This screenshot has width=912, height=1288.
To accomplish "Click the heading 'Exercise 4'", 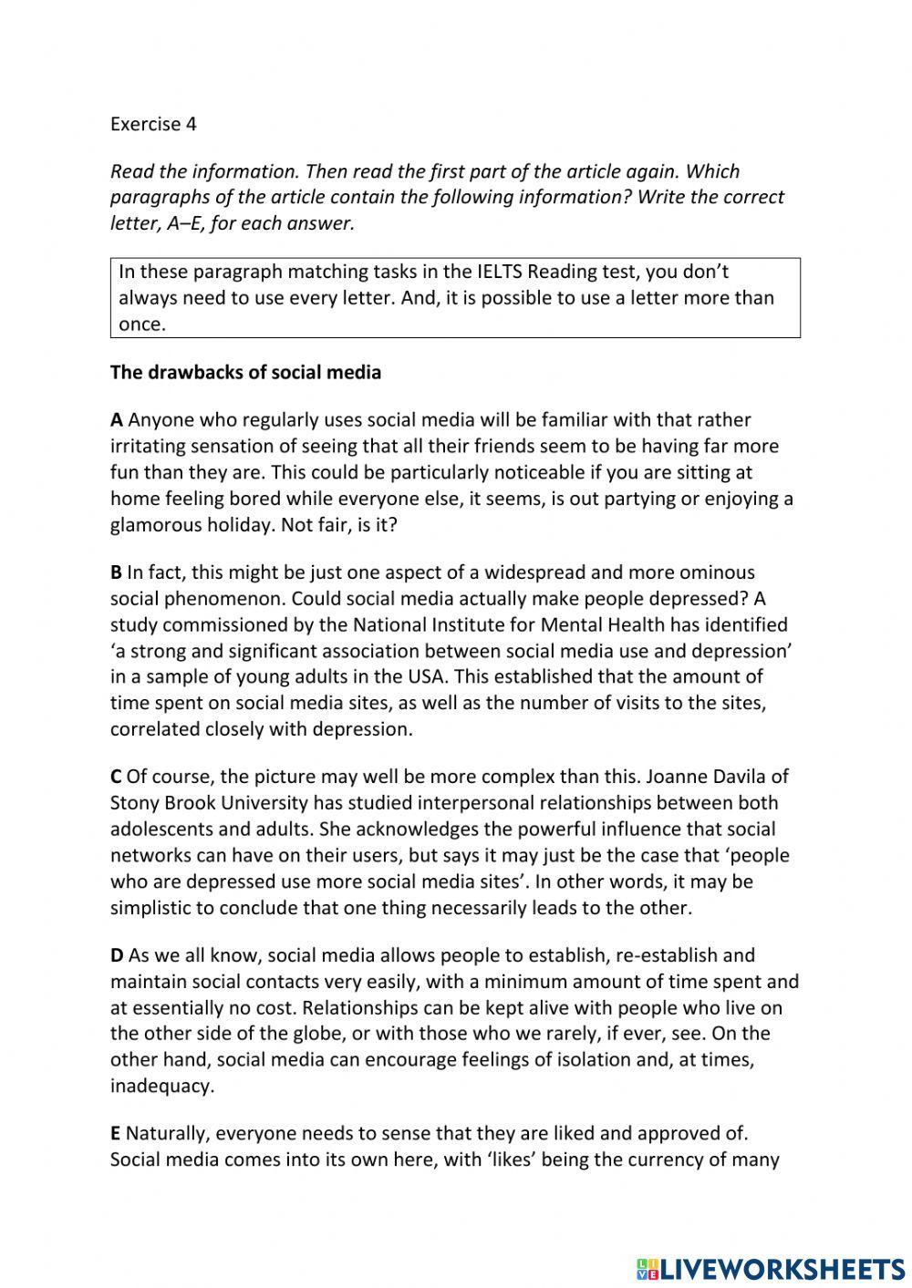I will [153, 124].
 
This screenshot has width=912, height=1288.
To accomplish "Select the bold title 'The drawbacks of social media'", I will [245, 373].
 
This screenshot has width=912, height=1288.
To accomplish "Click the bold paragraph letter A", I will [117, 420].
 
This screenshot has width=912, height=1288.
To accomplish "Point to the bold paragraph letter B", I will [116, 572].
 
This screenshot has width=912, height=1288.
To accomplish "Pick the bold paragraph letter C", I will [116, 777].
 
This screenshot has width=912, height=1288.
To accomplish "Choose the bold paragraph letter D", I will [117, 956].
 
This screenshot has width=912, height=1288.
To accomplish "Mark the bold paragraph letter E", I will [115, 1134].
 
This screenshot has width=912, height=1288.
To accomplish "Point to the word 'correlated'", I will [153, 729].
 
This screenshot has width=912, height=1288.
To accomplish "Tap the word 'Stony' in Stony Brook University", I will [135, 803].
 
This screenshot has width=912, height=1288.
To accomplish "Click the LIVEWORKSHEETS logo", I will [771, 1268].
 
